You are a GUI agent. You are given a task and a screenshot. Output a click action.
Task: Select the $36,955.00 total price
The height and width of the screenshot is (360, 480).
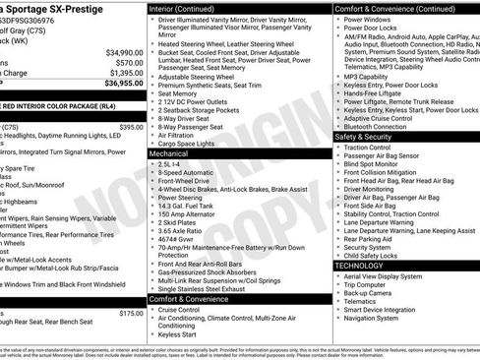[124, 84]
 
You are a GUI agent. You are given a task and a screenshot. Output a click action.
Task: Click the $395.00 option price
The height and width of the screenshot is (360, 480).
[131, 127]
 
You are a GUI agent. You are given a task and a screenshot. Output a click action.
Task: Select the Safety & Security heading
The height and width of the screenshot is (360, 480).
[363, 137]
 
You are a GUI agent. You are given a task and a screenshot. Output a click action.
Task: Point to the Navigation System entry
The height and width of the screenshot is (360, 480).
[371, 318]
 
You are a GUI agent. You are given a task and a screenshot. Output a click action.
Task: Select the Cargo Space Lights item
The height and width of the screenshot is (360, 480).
[187, 144]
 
